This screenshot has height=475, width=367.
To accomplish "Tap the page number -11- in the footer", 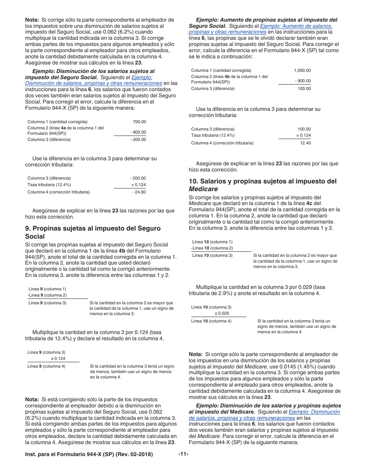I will [x=183, y=454].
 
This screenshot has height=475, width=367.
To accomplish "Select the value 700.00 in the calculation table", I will [x=139, y=122].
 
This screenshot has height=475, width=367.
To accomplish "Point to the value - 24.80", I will [x=139, y=192].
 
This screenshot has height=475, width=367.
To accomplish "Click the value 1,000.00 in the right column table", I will [x=302, y=70].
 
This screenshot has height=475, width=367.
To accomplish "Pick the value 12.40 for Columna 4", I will [x=305, y=143].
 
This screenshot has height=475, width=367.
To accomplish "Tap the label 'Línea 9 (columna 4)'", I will [x=46, y=366].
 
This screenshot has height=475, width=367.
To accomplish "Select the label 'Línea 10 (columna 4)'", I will [x=211, y=321].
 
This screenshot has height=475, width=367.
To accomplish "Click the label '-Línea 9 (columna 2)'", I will [x=47, y=295].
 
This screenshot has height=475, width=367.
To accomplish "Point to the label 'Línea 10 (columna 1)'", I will [x=212, y=242].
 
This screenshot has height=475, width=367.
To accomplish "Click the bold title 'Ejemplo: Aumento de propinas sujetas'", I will [x=267, y=20].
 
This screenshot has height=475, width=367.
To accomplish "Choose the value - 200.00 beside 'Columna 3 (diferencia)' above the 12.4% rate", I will [x=138, y=178].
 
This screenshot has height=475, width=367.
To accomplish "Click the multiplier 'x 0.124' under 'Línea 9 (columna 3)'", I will [x=58, y=358].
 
